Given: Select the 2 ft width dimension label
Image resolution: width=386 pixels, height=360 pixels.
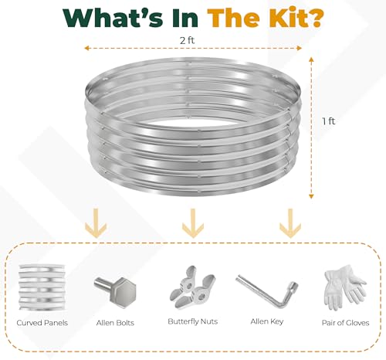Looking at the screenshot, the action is [x=188, y=40].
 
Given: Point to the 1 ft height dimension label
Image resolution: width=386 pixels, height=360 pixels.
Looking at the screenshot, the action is [x=329, y=121].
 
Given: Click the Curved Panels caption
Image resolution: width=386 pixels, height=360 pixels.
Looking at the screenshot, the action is [x=42, y=323].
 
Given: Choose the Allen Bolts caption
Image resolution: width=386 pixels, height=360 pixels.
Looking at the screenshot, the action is [x=115, y=323].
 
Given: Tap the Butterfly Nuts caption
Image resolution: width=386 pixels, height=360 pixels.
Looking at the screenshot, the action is [x=193, y=321].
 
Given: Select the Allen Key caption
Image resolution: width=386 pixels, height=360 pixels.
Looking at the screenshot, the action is [x=267, y=321].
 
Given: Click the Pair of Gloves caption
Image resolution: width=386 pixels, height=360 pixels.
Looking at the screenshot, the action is [x=346, y=323].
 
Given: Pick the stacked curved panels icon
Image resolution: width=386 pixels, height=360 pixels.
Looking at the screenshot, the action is [x=42, y=287].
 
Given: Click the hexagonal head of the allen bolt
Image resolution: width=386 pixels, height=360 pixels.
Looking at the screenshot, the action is [x=123, y=293].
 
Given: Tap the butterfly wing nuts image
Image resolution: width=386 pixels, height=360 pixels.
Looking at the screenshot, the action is [x=192, y=287].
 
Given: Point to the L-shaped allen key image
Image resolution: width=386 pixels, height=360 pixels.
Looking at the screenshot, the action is [x=266, y=290].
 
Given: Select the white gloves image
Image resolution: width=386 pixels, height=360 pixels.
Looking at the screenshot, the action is [x=344, y=287].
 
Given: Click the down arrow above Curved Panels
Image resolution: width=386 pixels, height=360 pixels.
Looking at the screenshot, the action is [x=96, y=223].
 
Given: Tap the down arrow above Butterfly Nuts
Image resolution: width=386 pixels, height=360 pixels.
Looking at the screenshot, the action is [x=193, y=223].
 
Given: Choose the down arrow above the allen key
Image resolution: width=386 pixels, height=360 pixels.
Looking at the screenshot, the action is [x=290, y=223].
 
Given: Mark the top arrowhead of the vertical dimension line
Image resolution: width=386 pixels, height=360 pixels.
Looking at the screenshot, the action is [x=311, y=59].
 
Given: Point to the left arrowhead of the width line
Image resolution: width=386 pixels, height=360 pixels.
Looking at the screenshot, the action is [x=87, y=48].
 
